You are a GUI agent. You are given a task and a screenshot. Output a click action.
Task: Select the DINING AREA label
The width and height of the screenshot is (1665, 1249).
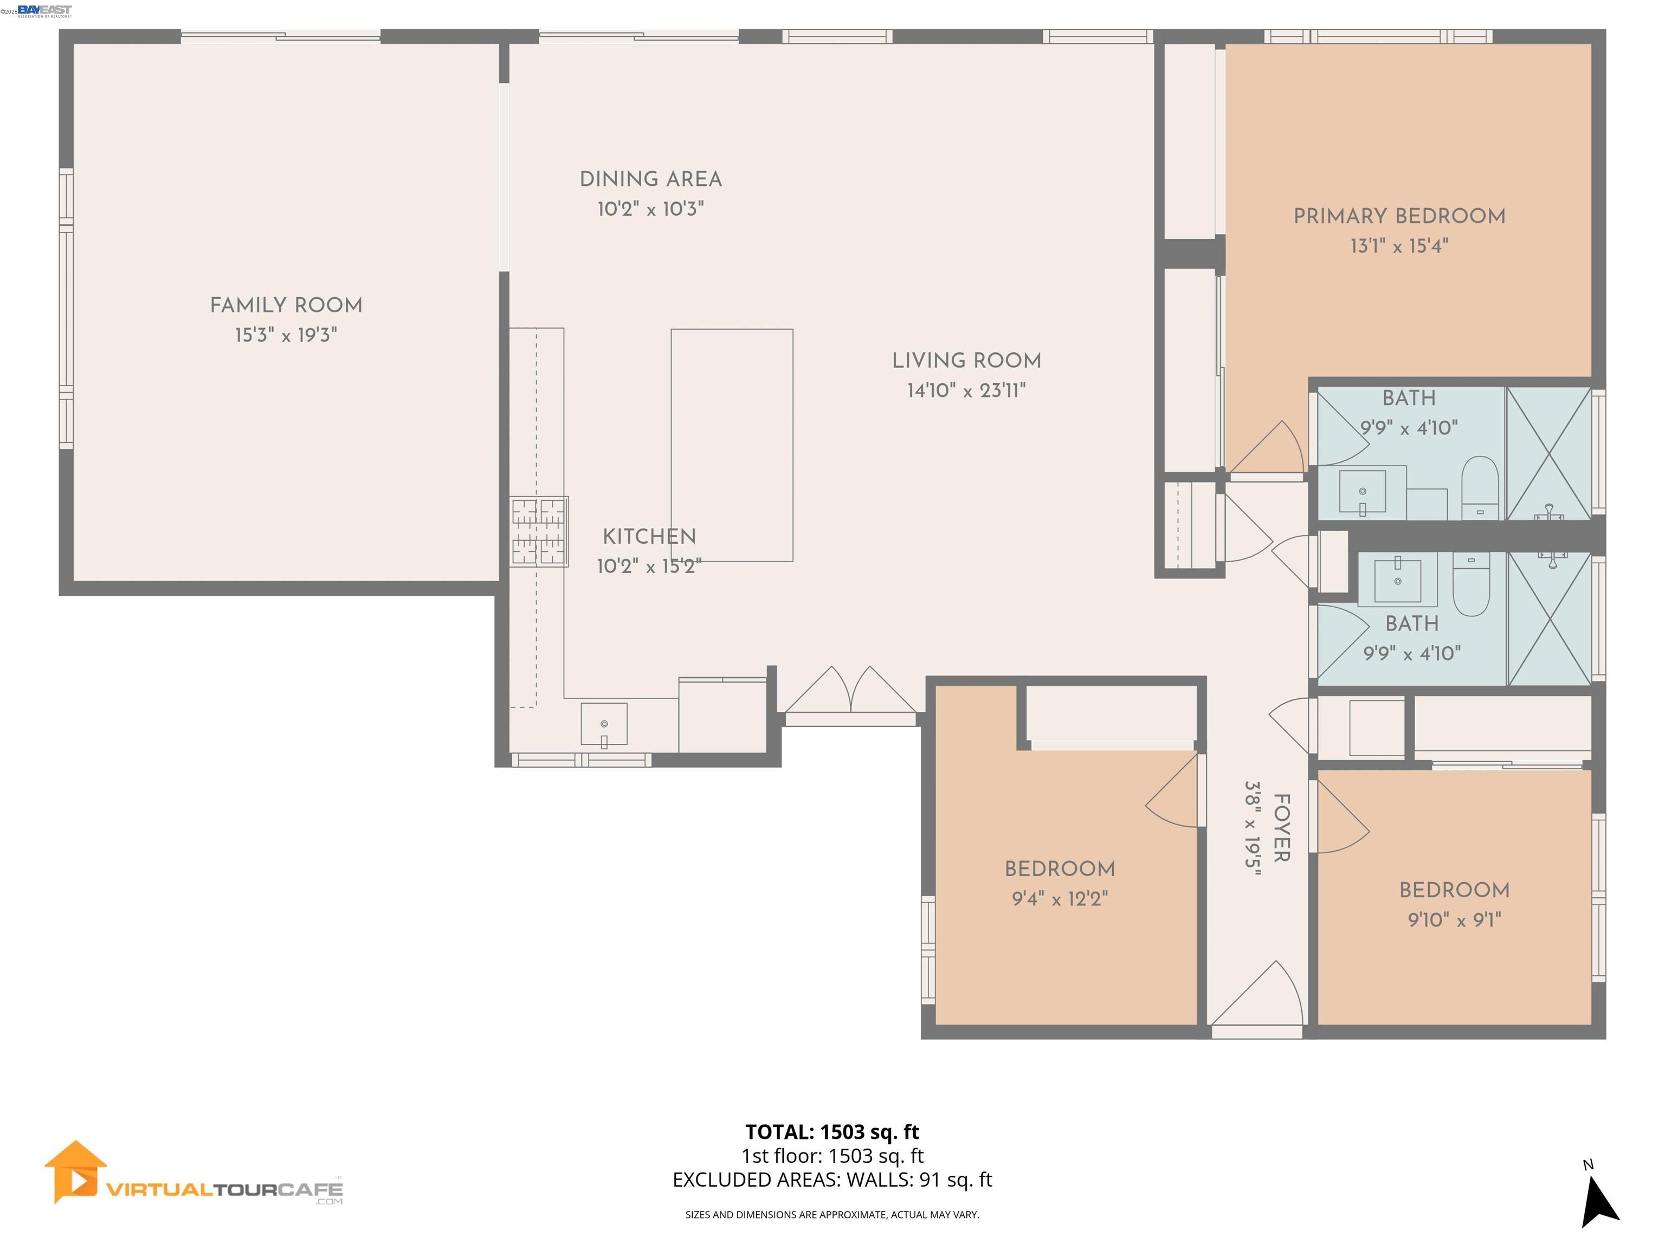point(650,179)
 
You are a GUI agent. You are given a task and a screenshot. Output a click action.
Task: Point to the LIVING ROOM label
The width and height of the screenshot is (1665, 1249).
point(966,360)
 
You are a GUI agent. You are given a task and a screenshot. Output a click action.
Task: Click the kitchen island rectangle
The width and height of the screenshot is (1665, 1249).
point(732,445)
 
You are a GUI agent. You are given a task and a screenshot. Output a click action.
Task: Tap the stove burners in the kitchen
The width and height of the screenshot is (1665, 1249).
point(539,531)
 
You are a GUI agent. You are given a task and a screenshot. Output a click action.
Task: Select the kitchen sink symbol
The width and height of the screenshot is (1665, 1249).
point(604,725)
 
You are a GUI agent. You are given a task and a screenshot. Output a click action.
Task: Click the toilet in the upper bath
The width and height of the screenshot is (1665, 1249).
point(1480,487)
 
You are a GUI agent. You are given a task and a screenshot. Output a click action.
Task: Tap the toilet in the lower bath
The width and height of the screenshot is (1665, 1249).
point(1470,585)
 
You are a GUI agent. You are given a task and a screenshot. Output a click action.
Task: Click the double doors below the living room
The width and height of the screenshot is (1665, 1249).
point(850,691)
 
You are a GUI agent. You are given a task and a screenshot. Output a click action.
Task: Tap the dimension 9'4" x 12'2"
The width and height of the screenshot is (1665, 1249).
point(1060,899)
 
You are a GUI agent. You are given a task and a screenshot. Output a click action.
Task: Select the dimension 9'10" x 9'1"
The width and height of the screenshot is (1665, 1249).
point(1454,920)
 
